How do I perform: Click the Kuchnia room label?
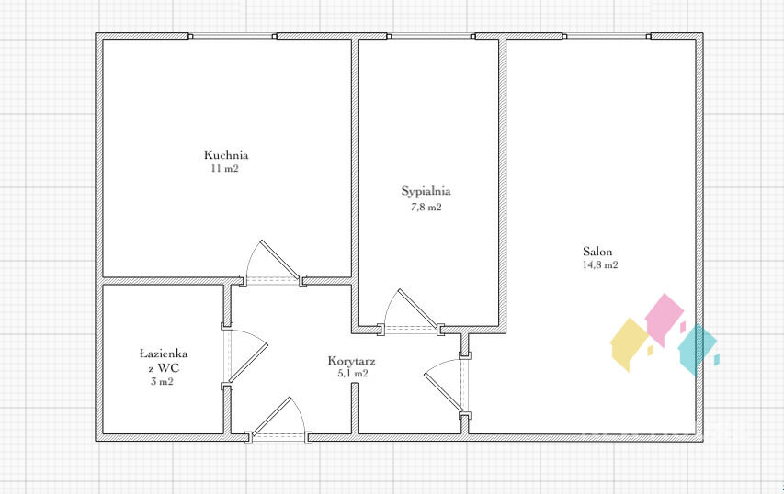[226, 155]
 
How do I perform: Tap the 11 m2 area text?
[225, 168]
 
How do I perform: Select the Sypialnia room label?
[426, 191]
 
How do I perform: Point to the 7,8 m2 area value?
[426, 207]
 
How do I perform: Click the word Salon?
[597, 252]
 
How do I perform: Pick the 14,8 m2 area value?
[600, 264]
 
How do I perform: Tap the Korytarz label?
[351, 361]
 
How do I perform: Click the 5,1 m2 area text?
[353, 373]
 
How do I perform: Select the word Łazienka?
[164, 354]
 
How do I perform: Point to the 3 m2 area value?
[162, 382]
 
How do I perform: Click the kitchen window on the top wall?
[233, 36]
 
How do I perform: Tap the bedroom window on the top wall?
[431, 36]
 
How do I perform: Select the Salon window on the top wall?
[607, 36]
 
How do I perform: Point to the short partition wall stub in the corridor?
[355, 408]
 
